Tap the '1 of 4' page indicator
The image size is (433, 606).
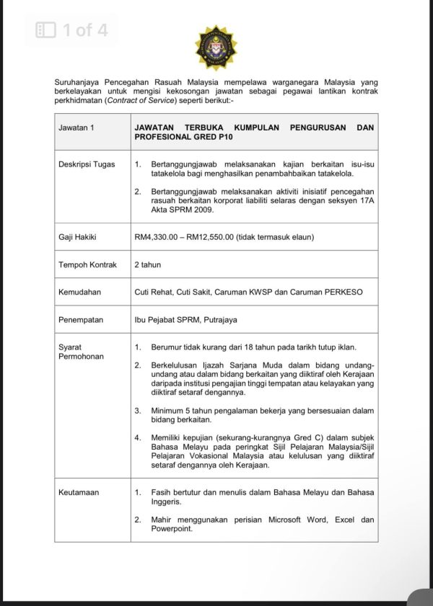click(84, 30)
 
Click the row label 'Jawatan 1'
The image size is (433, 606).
click(76, 128)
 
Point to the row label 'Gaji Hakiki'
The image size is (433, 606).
click(77, 236)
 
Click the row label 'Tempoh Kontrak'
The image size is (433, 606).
click(87, 264)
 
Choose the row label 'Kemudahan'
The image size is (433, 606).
click(79, 292)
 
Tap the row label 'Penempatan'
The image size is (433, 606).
click(81, 319)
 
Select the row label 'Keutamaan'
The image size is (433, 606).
click(79, 492)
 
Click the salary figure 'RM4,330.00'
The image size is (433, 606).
click(159, 236)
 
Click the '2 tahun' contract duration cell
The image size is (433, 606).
click(148, 264)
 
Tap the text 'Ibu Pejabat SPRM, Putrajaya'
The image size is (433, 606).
click(185, 319)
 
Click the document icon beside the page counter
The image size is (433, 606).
click(46, 30)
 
